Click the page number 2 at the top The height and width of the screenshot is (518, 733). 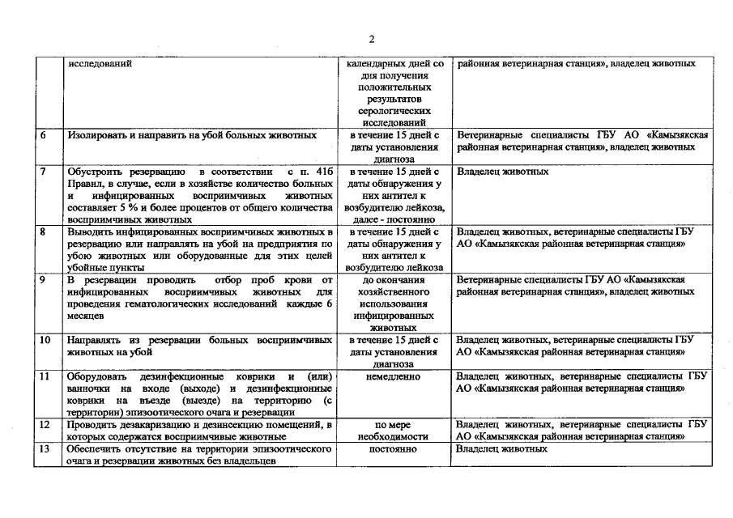(371, 39)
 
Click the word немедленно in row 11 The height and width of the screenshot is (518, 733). (394, 376)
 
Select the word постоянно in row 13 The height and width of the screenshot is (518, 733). (394, 448)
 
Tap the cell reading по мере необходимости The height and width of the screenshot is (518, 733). (394, 430)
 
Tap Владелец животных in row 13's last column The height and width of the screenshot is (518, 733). (502, 448)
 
